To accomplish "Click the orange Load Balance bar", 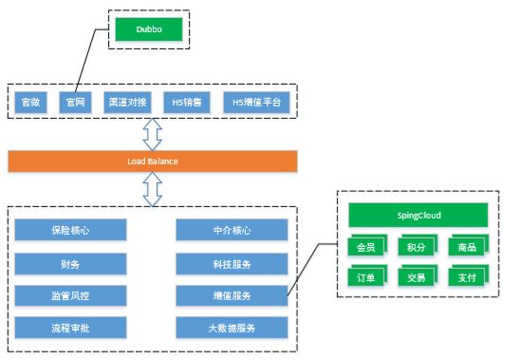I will [152, 161].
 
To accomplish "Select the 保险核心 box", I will [71, 229].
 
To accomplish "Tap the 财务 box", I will [71, 262].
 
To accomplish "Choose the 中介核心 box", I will [233, 229].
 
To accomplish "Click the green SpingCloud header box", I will [419, 215].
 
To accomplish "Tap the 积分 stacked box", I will [416, 248].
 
